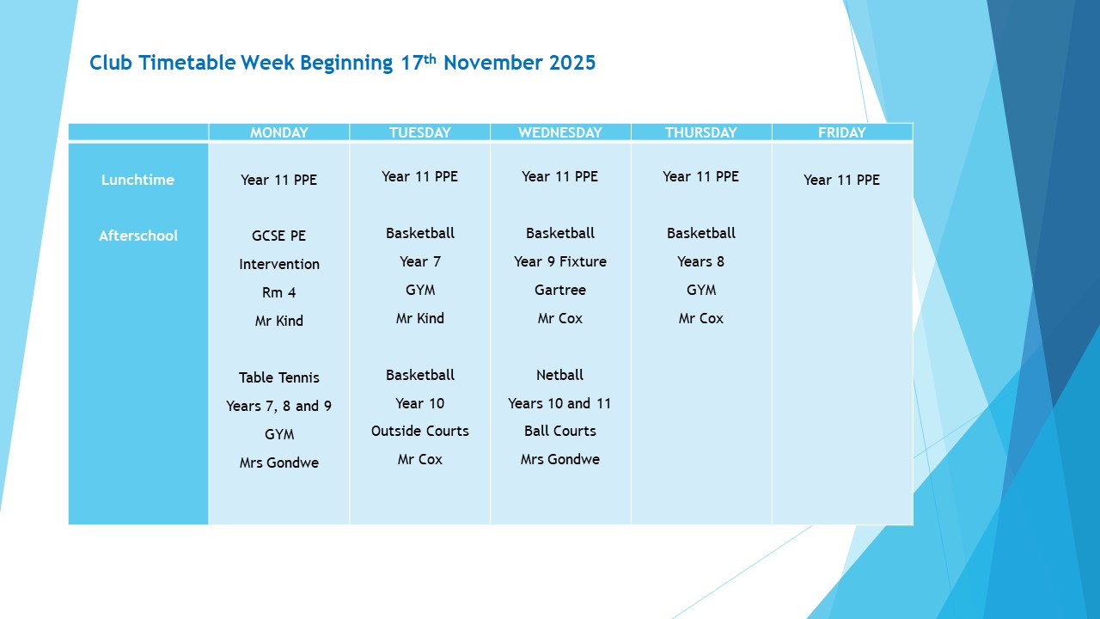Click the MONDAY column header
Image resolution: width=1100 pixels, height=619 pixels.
[278, 132]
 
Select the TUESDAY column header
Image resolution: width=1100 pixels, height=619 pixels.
[419, 132]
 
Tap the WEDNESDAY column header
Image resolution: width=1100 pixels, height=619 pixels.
[560, 132]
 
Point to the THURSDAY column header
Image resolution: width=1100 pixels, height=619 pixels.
[700, 132]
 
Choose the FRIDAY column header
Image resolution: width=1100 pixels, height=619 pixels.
[841, 132]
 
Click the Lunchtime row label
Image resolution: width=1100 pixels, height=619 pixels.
[137, 180]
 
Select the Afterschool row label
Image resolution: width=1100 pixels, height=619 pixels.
[138, 236]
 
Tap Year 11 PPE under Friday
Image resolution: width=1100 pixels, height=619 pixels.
[841, 180]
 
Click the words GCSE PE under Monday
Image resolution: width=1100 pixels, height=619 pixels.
[278, 236]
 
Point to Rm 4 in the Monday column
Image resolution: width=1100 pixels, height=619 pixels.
[278, 292]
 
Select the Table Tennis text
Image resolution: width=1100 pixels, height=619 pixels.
[278, 377]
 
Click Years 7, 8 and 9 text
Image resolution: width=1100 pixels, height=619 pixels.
[278, 406]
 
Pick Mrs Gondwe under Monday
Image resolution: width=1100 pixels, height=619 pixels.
[278, 463]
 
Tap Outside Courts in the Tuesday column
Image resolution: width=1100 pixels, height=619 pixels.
[419, 431]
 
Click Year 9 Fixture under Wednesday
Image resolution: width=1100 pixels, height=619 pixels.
[559, 261]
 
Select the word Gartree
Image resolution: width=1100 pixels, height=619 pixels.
[559, 290]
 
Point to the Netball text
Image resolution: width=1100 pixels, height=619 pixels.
[559, 375]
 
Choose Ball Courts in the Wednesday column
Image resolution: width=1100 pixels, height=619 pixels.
[559, 431]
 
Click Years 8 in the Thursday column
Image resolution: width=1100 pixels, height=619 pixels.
[700, 261]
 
